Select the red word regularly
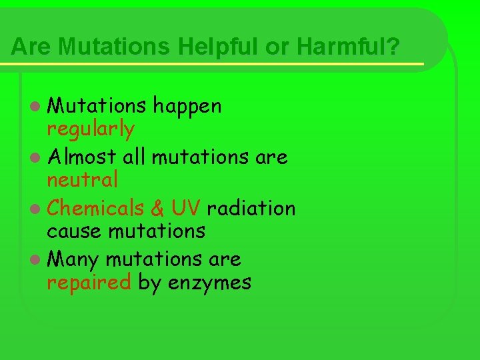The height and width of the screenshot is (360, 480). (90, 128)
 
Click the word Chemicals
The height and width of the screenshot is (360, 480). (96, 208)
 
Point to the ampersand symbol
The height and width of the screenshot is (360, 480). (157, 209)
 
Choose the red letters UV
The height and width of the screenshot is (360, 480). (185, 209)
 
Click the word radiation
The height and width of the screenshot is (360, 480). (251, 208)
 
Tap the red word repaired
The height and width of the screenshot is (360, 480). (89, 282)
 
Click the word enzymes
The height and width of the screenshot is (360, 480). (209, 283)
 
